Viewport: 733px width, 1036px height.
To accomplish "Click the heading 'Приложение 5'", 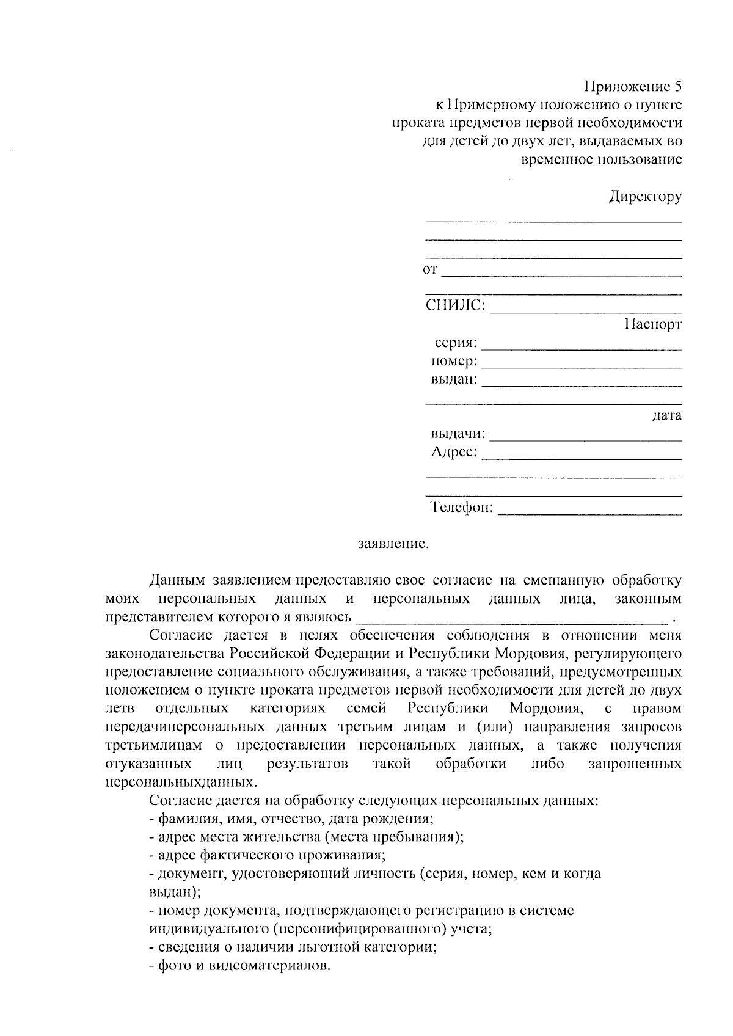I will tap(632, 86).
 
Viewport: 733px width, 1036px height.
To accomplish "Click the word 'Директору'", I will tap(644, 197).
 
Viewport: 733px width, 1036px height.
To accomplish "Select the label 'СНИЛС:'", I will tap(456, 305).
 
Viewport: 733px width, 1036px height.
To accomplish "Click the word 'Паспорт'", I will tap(652, 324).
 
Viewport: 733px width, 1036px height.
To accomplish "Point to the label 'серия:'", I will tap(456, 343).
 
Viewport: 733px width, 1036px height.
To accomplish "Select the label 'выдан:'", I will tap(454, 379).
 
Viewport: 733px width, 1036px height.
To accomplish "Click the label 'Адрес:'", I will tap(454, 453).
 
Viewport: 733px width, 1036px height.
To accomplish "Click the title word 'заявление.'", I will tap(393, 543).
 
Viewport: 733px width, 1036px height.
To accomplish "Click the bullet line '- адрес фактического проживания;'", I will tap(267, 855).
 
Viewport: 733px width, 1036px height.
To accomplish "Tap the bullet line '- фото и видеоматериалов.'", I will tap(239, 966).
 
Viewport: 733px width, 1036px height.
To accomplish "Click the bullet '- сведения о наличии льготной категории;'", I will tap(293, 947).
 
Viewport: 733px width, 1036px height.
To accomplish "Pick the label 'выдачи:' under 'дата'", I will tap(458, 434).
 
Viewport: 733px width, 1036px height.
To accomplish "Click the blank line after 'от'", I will tap(561, 275).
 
